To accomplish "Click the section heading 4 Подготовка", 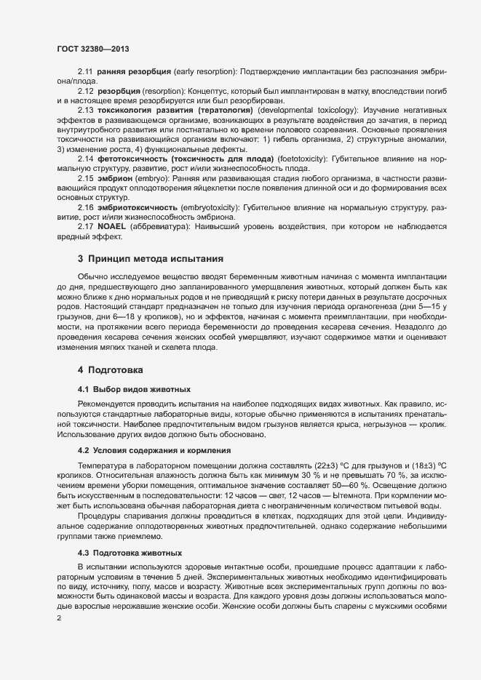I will coord(111,370).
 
